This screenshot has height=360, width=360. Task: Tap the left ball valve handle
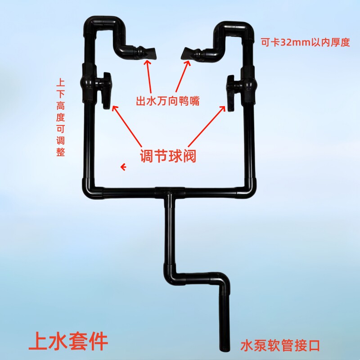(107, 90)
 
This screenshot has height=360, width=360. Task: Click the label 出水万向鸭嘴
(168, 101)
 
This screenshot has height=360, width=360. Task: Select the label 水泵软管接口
(280, 346)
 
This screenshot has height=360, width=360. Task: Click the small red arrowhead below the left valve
(122, 167)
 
